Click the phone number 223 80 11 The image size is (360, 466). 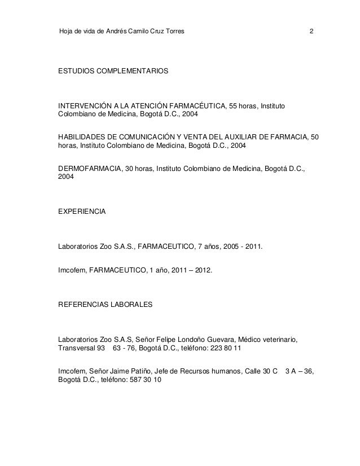pos(225,349)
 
